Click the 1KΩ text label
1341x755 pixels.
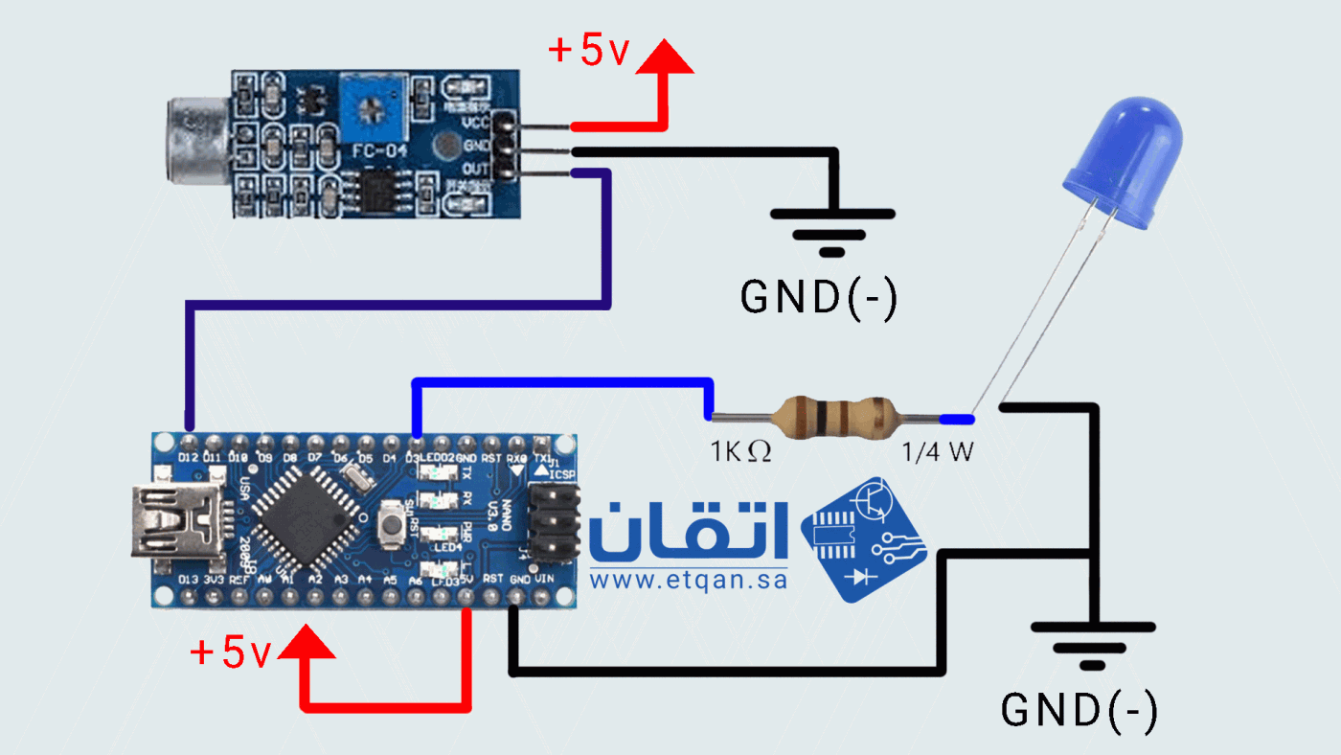[739, 450]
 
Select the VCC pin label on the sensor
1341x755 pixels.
[475, 123]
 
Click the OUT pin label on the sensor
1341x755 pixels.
[475, 170]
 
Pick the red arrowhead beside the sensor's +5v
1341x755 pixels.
[662, 57]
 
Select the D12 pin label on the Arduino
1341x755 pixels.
[188, 458]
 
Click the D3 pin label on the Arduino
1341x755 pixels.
[413, 458]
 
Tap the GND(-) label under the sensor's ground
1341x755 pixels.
[818, 298]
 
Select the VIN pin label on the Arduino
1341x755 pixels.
[543, 580]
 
